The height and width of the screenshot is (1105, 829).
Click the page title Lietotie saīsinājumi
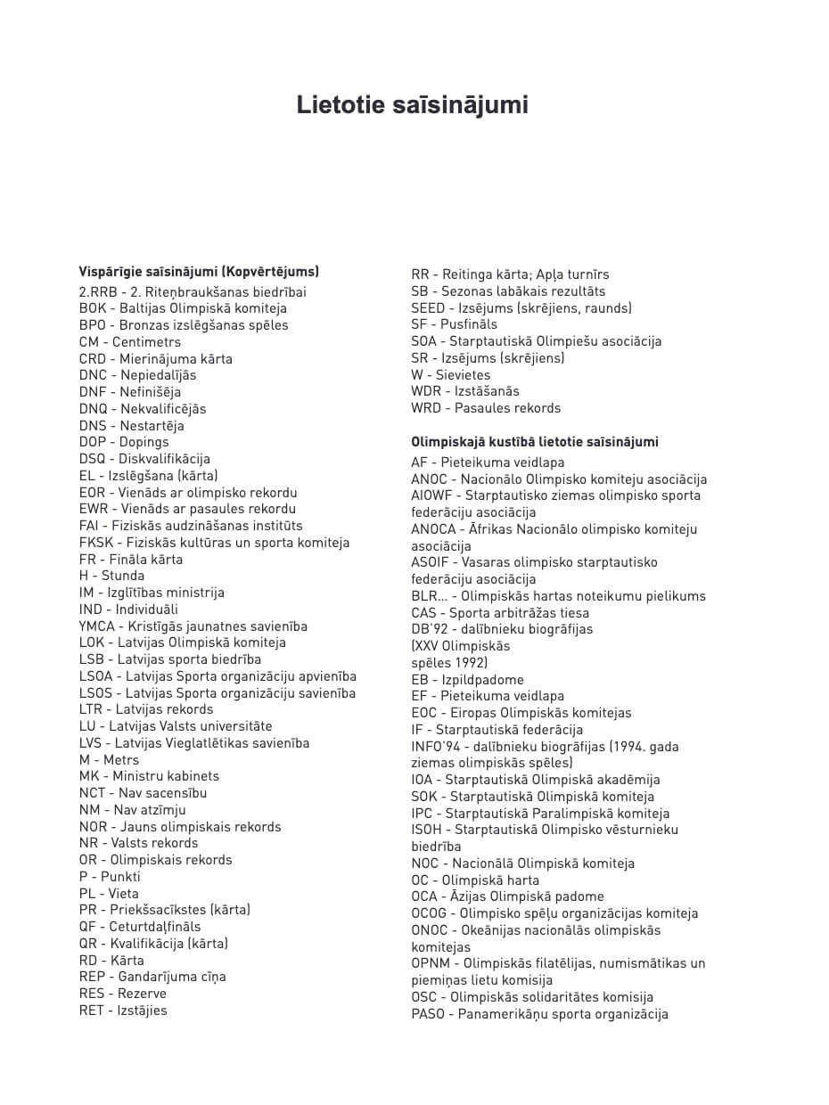click(413, 105)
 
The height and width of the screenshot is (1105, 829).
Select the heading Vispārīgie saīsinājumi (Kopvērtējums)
click(199, 272)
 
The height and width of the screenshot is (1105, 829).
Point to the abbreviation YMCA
click(97, 626)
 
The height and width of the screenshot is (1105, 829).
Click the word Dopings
click(144, 442)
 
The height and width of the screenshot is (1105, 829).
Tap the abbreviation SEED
click(429, 308)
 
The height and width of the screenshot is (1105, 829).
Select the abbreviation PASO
click(429, 1014)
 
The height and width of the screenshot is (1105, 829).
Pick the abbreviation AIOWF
click(432, 495)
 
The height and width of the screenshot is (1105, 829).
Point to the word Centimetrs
click(146, 342)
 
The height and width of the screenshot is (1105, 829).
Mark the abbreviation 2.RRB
click(98, 292)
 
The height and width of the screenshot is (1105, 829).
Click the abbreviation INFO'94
click(435, 747)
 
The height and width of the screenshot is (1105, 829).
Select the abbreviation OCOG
click(430, 913)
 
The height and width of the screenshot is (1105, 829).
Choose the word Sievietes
click(463, 375)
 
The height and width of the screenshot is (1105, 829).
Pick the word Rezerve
click(141, 994)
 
